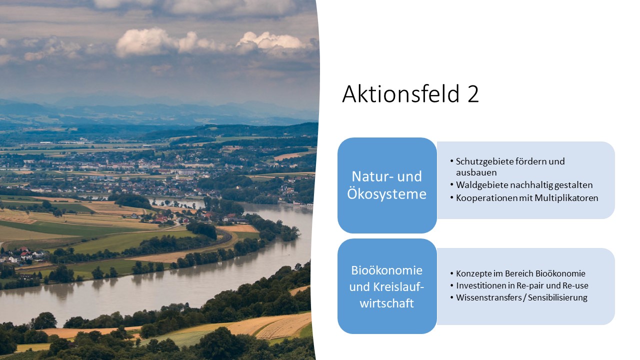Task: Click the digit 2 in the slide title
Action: point(473,94)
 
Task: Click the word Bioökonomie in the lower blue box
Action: point(386,270)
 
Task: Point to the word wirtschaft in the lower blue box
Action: point(386,303)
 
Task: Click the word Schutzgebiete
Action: point(481,161)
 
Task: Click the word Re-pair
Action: point(533,285)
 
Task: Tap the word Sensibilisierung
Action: point(557,297)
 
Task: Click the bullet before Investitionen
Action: point(451,285)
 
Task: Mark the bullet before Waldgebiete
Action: point(451,185)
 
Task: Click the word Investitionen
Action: point(482,285)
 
